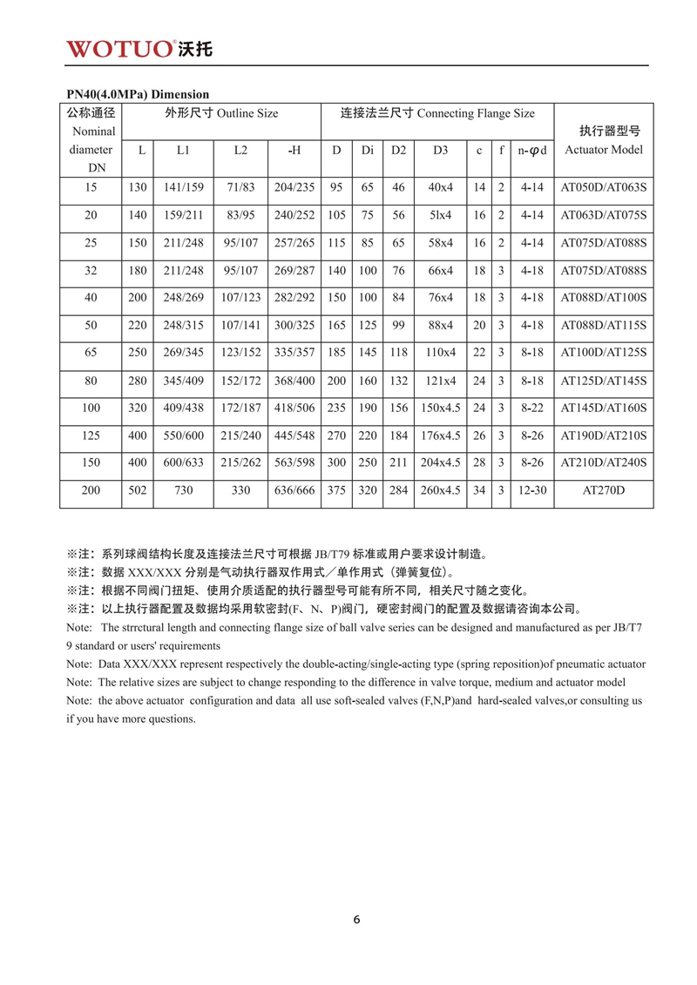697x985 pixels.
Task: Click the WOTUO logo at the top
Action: [139, 47]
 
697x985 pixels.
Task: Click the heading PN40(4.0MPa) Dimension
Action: [138, 94]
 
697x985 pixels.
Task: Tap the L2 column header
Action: [240, 150]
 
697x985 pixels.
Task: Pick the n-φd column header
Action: [531, 150]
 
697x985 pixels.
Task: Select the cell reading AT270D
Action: [604, 491]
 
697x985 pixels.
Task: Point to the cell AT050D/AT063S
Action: [604, 187]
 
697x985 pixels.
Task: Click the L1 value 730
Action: [183, 491]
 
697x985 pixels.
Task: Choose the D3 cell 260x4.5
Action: [440, 491]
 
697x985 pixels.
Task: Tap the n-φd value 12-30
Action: [531, 491]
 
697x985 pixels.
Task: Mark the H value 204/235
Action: [294, 187]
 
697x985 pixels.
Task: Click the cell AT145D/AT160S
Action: [604, 408]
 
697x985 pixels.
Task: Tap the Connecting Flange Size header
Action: [437, 113]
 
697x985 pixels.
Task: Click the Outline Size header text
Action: [221, 113]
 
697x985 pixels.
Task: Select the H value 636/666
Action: [294, 491]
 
